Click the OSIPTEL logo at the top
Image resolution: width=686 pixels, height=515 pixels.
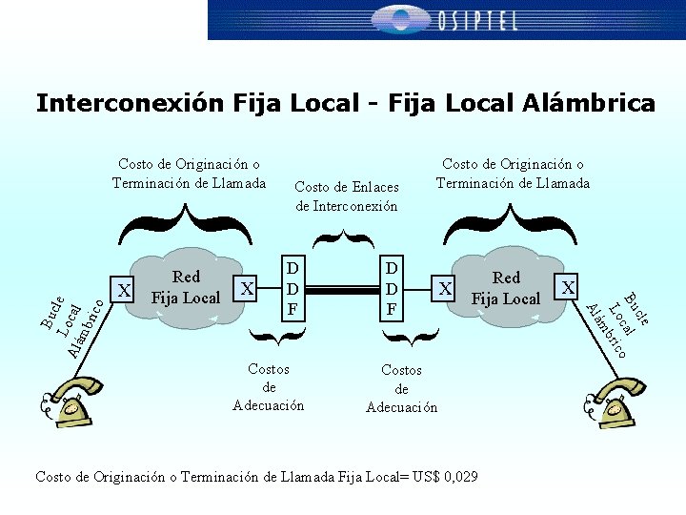click(x=446, y=19)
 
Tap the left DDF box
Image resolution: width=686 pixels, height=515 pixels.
click(x=293, y=287)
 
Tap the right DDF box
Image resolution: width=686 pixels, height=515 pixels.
click(x=392, y=287)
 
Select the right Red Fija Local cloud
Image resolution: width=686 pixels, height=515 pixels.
click(x=506, y=288)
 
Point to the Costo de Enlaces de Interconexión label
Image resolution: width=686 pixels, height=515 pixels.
click(x=347, y=196)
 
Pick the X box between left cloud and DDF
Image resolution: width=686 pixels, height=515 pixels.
click(x=247, y=287)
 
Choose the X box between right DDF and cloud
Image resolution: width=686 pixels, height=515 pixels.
click(x=443, y=287)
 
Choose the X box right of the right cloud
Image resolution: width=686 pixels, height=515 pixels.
click(x=568, y=286)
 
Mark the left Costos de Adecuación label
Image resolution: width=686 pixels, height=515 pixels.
click(x=269, y=387)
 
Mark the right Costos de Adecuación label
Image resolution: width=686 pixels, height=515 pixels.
click(x=401, y=388)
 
